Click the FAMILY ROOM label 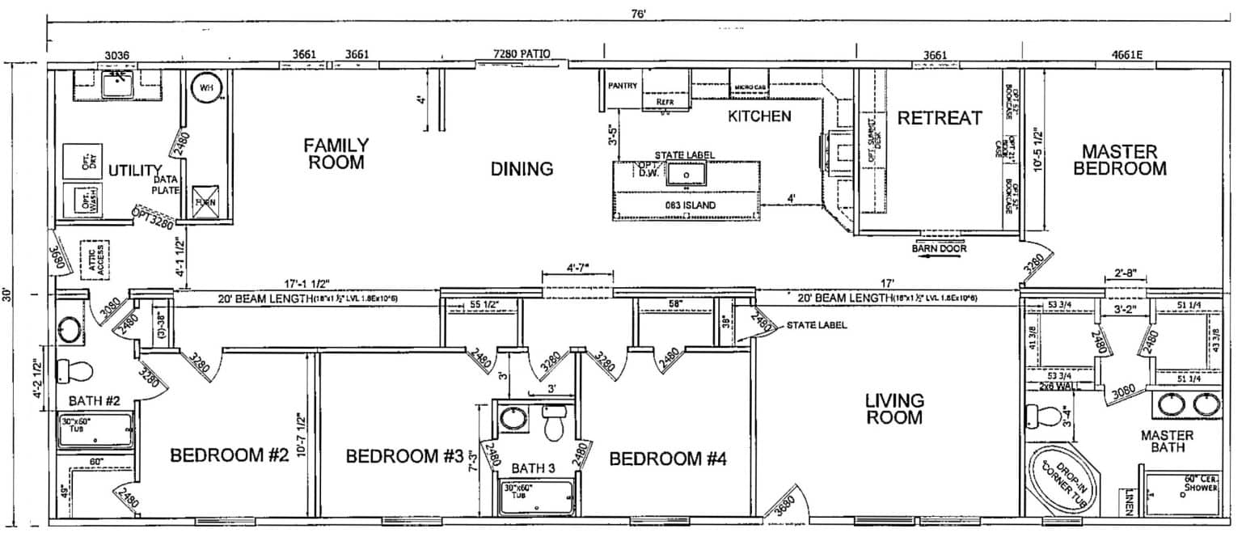click(336, 153)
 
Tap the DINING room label click(522, 169)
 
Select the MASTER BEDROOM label click(1124, 160)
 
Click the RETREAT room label click(940, 118)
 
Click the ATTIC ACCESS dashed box click(96, 260)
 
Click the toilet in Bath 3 click(554, 425)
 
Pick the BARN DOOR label click(940, 248)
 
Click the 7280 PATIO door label click(522, 54)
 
